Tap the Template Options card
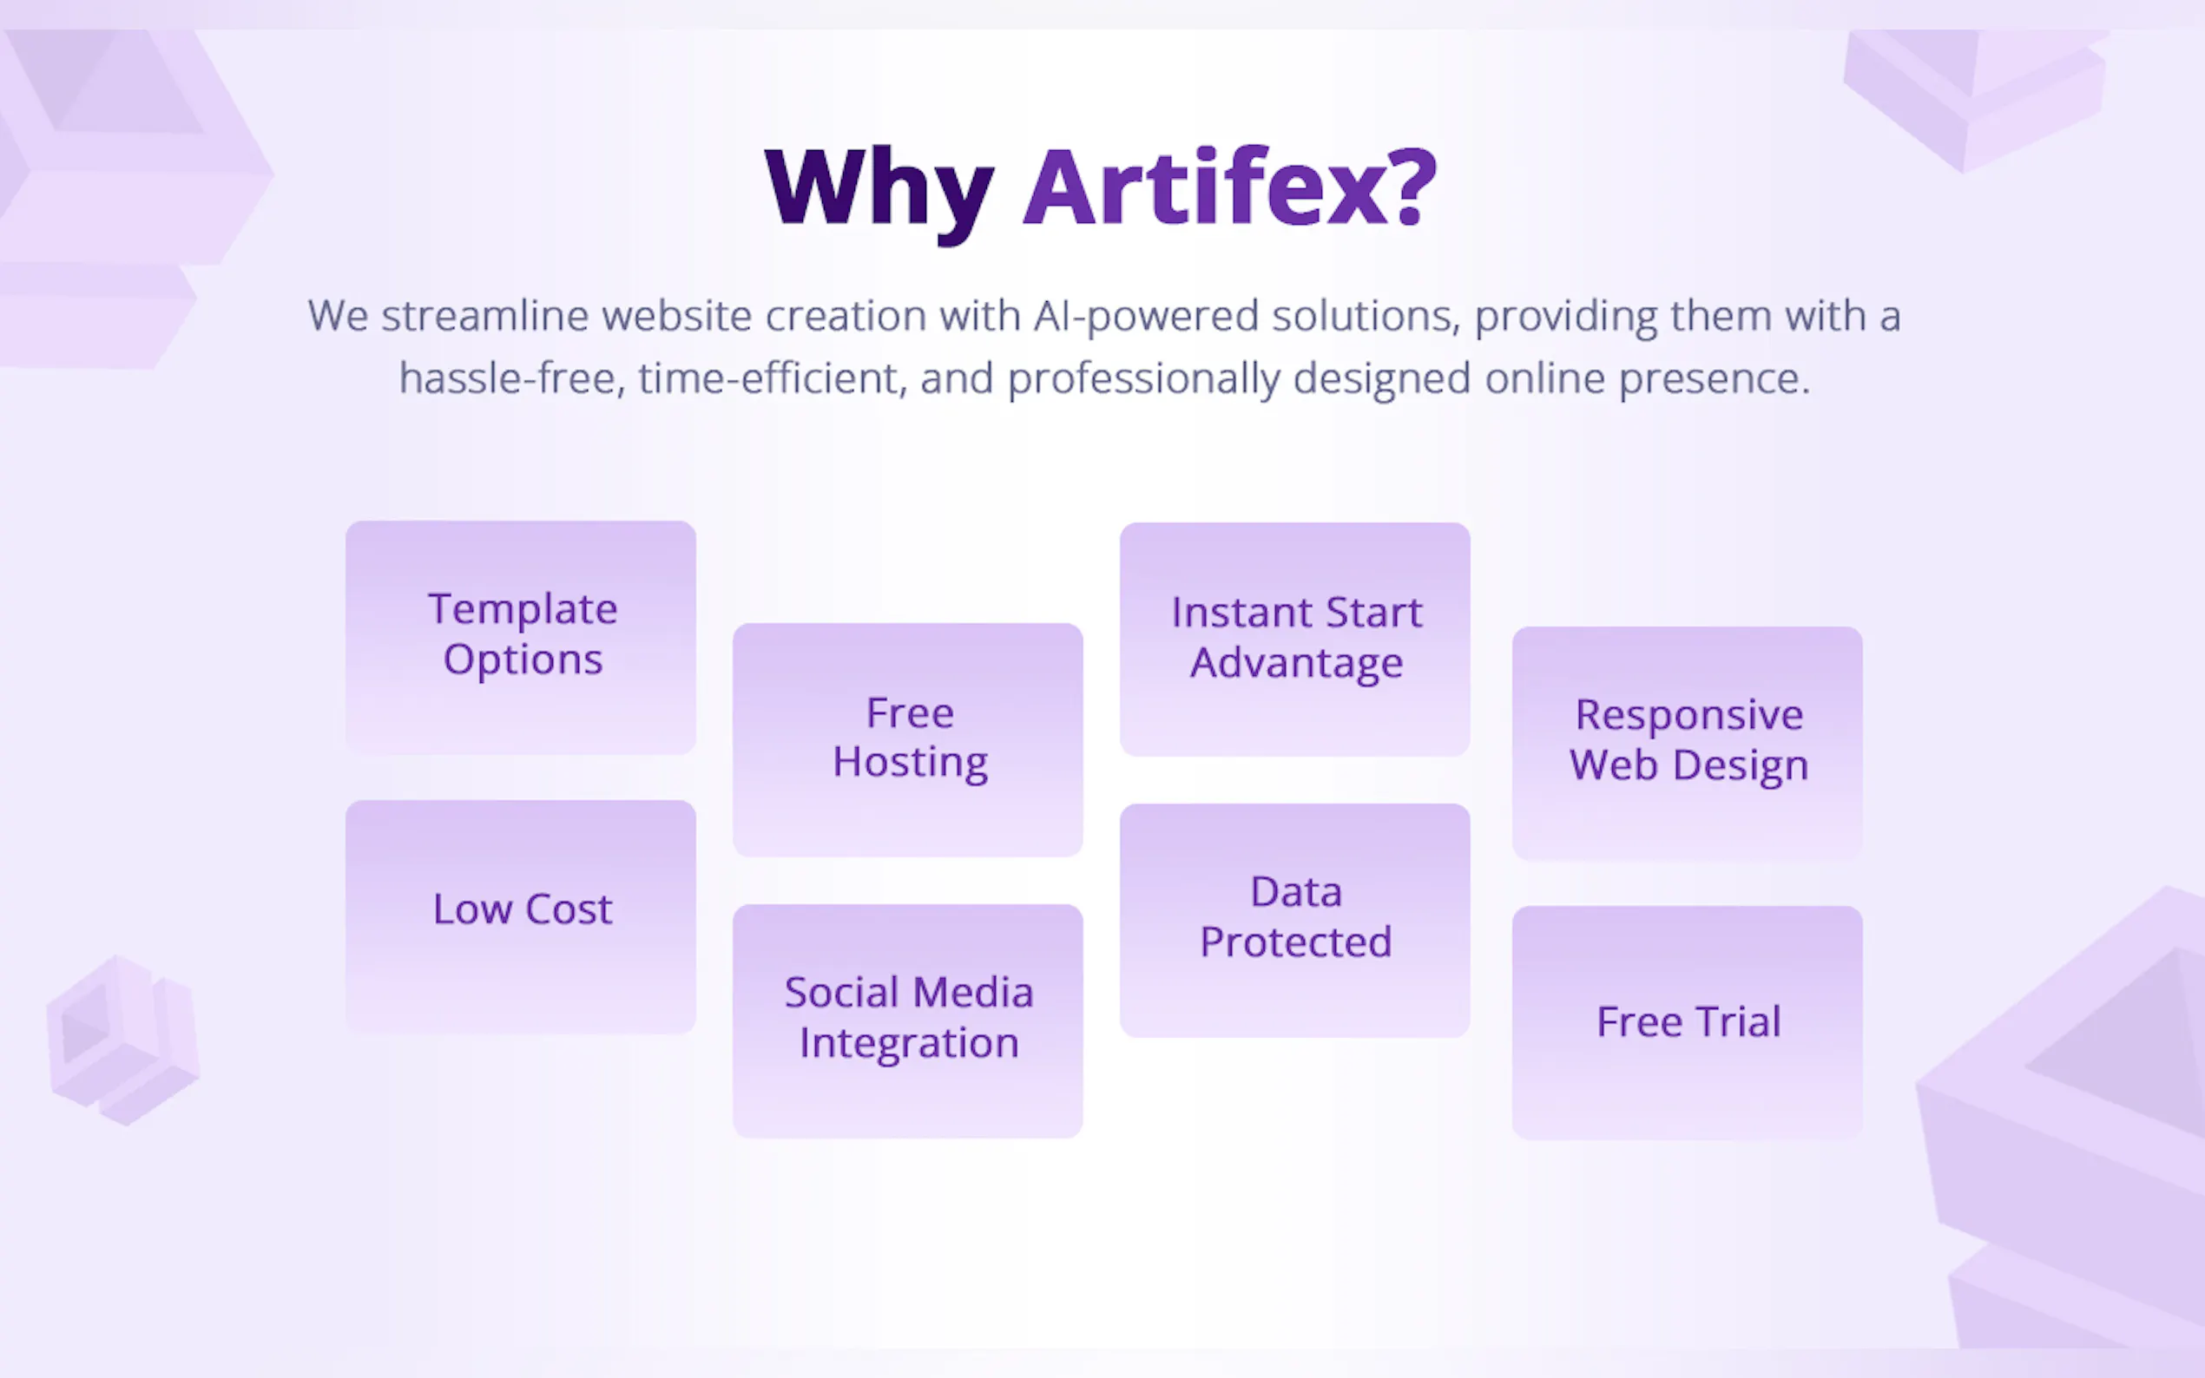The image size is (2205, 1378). [x=521, y=637]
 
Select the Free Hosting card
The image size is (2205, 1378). [x=908, y=739]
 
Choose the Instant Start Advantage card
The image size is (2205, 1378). [x=1295, y=639]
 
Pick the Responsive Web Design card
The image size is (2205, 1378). [x=1688, y=743]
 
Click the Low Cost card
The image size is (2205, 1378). [x=521, y=917]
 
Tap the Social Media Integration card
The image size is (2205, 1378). [x=908, y=1020]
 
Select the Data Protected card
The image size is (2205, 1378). [x=1295, y=921]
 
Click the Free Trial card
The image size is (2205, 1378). [x=1688, y=1022]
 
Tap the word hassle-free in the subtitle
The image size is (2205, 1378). [x=512, y=378]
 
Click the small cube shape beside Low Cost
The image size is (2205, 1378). [x=123, y=1040]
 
